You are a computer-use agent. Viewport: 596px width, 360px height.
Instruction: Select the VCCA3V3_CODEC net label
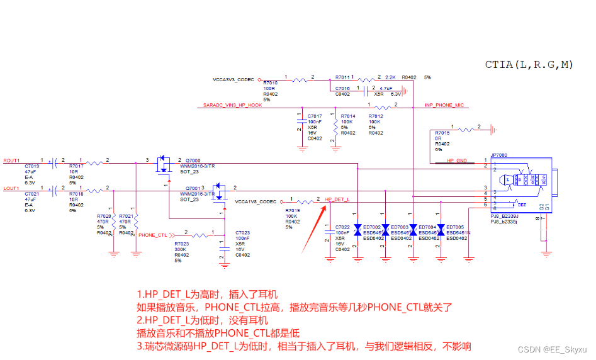pos(233,80)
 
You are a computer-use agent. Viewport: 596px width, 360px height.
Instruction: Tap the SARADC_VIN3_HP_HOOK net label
pos(232,105)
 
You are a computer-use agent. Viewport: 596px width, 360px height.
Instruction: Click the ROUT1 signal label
pos(11,160)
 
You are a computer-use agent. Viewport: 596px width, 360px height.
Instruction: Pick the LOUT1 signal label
pos(11,188)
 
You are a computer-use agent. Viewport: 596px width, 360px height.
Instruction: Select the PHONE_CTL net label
pos(152,235)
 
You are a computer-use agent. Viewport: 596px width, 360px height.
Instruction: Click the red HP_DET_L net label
pos(337,200)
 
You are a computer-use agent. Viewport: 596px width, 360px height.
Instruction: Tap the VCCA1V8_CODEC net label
pos(255,202)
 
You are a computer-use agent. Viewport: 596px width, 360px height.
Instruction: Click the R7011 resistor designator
pos(342,76)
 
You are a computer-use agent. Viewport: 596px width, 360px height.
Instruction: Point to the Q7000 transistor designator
pos(193,160)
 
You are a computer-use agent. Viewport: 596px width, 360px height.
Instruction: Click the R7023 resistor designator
pos(181,244)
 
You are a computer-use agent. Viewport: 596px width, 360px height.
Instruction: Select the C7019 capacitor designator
pos(31,166)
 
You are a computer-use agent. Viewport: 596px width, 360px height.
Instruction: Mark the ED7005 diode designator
pos(454,227)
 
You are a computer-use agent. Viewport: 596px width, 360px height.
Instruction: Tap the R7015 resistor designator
pos(442,133)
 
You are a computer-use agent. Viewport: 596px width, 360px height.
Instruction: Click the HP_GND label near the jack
pos(456,161)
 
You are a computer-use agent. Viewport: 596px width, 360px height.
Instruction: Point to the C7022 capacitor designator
pos(342,227)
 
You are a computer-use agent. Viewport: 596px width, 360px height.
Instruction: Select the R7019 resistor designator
pos(292,210)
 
